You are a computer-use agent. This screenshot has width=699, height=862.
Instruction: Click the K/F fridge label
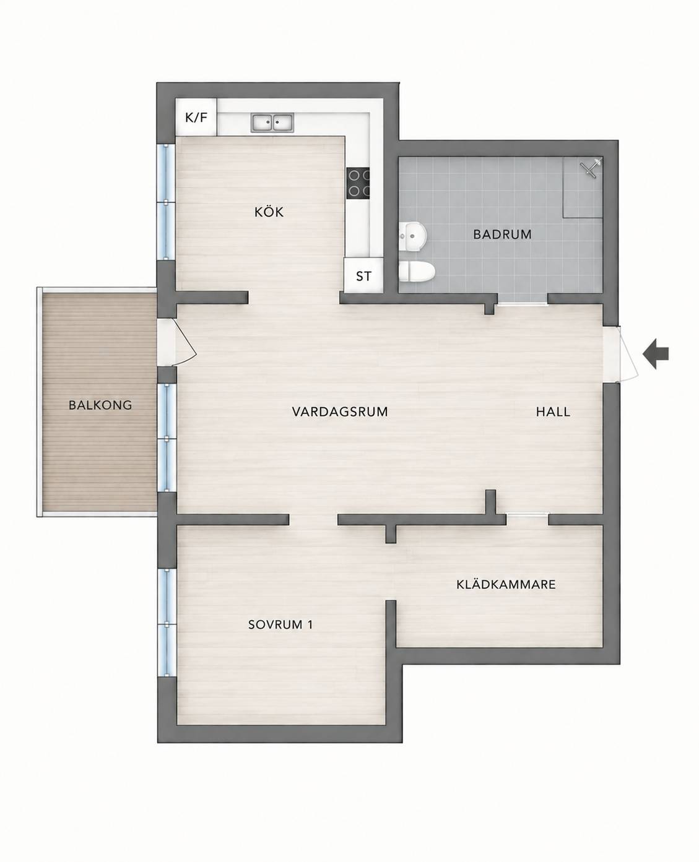tap(196, 118)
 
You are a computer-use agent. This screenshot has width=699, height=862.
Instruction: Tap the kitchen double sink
tap(272, 123)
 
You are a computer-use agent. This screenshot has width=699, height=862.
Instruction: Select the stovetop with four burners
tap(358, 183)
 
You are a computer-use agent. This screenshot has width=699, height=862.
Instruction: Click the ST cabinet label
tap(363, 276)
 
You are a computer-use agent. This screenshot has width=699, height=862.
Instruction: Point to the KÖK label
tap(269, 212)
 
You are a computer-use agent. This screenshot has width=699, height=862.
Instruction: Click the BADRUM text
tap(502, 235)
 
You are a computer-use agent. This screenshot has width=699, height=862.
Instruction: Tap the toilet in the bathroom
tap(417, 271)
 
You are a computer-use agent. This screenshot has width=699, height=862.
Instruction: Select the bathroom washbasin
tap(412, 236)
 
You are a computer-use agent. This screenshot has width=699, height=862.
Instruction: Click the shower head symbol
tap(591, 168)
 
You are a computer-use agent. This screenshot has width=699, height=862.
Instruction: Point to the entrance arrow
tap(655, 355)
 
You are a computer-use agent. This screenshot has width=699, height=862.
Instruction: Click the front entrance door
tap(620, 354)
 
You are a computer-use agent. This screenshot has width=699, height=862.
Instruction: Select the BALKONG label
tap(100, 405)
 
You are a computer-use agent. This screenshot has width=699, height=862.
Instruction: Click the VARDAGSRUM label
tap(340, 412)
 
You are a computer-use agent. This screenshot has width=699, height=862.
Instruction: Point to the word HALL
tap(553, 412)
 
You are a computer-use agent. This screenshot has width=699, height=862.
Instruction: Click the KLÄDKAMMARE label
tap(506, 585)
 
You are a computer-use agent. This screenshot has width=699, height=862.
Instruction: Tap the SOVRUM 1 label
tap(280, 625)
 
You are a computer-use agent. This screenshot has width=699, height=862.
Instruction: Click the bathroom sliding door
tap(523, 304)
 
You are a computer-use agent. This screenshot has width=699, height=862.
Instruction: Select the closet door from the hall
tap(528, 514)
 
